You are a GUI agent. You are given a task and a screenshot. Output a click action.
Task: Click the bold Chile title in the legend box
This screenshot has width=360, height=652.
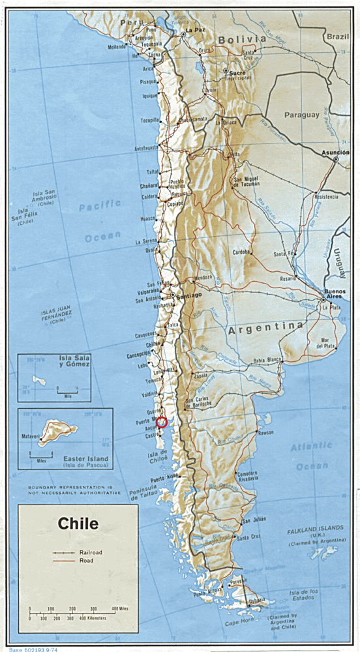78,523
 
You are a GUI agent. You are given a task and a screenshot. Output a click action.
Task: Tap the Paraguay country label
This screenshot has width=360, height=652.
302,115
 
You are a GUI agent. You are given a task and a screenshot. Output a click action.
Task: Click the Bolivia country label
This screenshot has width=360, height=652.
242,40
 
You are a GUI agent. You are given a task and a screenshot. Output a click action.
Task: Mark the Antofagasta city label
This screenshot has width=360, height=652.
146,148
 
